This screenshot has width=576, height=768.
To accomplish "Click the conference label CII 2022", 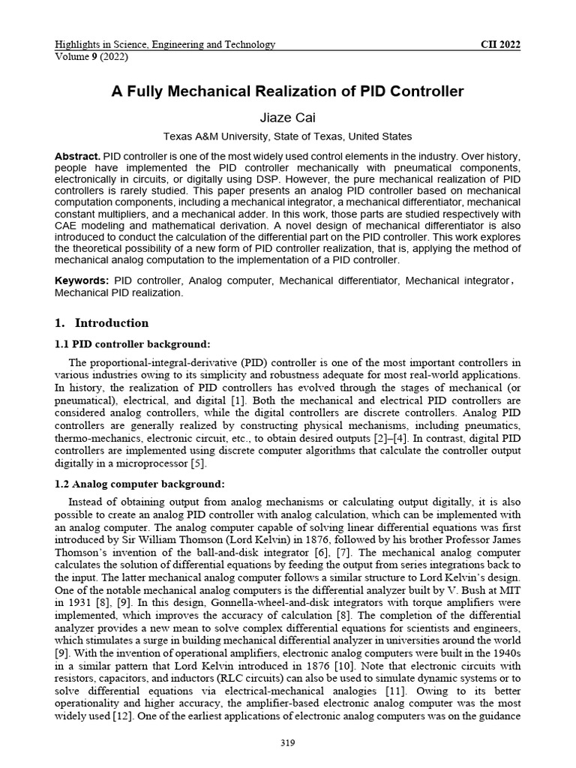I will pos(500,44).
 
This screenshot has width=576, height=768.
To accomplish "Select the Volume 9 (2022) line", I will pos(91,56).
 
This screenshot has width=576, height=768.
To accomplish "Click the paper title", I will pos(288,91).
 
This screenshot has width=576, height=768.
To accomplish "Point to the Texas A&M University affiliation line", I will pos(288,136).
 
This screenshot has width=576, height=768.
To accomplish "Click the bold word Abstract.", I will pos(77,156).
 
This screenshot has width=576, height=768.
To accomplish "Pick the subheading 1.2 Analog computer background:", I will pos(139,483).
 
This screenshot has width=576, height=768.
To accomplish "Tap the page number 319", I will pos(288,743).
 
